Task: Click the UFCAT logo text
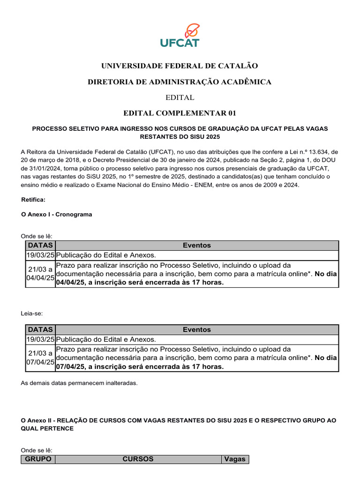(x=180, y=43)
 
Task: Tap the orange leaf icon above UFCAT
(x=192, y=30)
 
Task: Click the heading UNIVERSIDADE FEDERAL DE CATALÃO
(x=180, y=66)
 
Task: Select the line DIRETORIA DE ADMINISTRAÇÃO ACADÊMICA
(x=180, y=82)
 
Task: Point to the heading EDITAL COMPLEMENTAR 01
(x=180, y=113)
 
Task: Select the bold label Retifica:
(x=33, y=200)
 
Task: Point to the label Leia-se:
(x=31, y=313)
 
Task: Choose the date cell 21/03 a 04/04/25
(x=40, y=274)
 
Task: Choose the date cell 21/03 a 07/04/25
(x=40, y=358)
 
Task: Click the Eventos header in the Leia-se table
(x=196, y=330)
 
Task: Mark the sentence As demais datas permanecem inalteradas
(x=79, y=383)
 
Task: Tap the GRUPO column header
(x=38, y=459)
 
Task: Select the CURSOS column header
(x=138, y=459)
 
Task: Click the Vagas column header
(x=235, y=459)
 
